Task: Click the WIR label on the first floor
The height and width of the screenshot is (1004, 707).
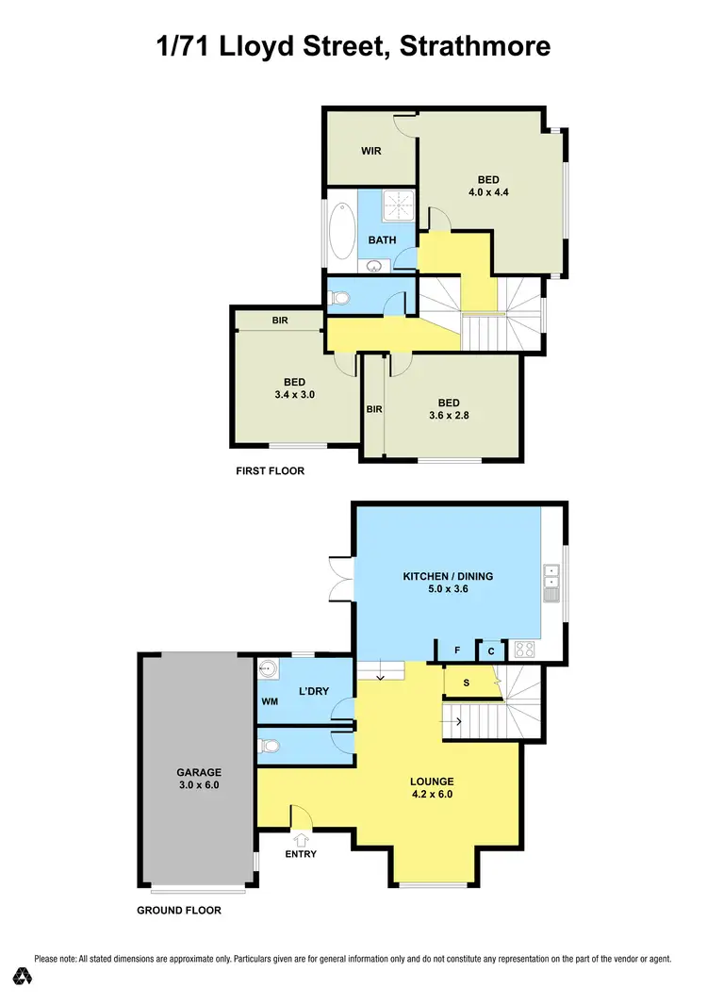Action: [x=370, y=151]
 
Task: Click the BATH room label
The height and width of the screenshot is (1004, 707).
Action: [x=382, y=240]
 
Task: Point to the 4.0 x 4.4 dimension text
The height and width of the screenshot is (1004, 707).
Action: [x=488, y=192]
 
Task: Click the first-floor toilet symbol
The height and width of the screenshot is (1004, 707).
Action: [x=340, y=299]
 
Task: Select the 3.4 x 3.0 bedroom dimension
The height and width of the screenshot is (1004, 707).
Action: [x=294, y=395]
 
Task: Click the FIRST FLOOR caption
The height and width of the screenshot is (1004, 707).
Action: [x=271, y=470]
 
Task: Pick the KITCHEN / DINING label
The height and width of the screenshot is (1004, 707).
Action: [x=448, y=576]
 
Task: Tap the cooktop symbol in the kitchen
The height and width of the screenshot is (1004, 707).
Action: [x=522, y=650]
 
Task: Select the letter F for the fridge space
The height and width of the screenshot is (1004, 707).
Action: [x=456, y=650]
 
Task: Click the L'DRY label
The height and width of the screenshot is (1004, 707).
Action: [x=313, y=692]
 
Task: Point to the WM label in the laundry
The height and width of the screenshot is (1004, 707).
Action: [x=270, y=701]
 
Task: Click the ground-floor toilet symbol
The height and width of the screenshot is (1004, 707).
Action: [x=270, y=746]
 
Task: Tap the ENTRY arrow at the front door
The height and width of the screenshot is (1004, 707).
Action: [x=302, y=837]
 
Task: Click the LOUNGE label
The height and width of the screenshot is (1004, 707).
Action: [x=432, y=782]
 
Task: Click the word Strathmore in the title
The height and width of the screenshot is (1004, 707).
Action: [x=475, y=45]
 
